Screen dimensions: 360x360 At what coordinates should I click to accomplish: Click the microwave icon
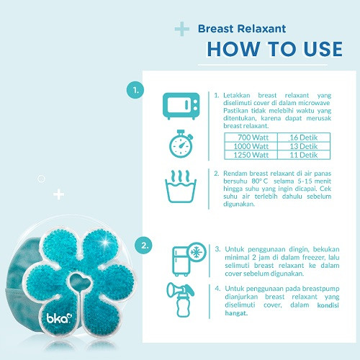pyautogui.click(x=181, y=106)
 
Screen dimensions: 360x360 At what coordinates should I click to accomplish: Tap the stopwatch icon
pyautogui.click(x=181, y=144)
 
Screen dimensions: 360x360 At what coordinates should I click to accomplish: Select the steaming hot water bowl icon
pyautogui.click(x=181, y=186)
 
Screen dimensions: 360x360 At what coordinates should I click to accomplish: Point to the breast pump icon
pyautogui.click(x=181, y=300)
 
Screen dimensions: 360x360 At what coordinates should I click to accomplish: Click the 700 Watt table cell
pyautogui.click(x=251, y=138)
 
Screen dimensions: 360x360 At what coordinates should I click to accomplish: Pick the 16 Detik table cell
pyautogui.click(x=304, y=138)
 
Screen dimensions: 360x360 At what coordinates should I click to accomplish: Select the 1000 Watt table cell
pyautogui.click(x=251, y=146)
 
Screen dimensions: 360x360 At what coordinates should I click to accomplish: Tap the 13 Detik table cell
pyautogui.click(x=304, y=146)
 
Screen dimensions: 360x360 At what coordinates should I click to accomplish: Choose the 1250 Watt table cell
pyautogui.click(x=251, y=155)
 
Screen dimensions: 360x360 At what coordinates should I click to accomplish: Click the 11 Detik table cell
pyautogui.click(x=304, y=155)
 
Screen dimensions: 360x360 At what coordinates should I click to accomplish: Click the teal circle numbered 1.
pyautogui.click(x=135, y=90)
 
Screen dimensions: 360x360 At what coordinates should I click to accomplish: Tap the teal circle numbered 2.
pyautogui.click(x=143, y=246)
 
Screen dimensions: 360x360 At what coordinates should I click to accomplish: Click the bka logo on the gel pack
pyautogui.click(x=59, y=318)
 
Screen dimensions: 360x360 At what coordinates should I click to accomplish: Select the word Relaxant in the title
pyautogui.click(x=262, y=29)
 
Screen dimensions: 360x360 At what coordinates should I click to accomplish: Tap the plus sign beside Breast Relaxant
pyautogui.click(x=182, y=29)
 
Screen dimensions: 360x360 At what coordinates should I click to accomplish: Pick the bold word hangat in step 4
pyautogui.click(x=236, y=313)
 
